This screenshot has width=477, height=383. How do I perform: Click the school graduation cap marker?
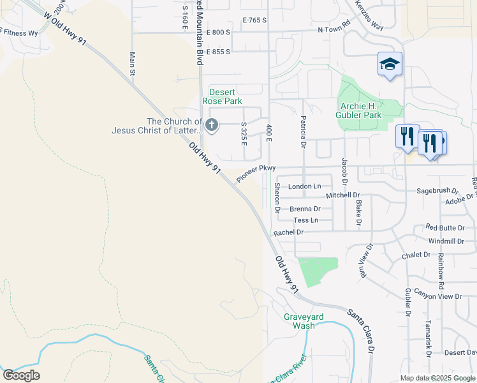coord(390,64)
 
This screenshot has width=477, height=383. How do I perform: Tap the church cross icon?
coord(211,125)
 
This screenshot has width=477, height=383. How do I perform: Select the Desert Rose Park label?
coord(222,96)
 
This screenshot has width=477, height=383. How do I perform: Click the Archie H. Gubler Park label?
coord(360,110)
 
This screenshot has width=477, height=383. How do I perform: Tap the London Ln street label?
coord(305,186)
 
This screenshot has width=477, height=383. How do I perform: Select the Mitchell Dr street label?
coord(342,195)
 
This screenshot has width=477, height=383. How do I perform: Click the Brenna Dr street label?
coord(305,209)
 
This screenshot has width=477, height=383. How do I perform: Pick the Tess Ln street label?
coord(305,220)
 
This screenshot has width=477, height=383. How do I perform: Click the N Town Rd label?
coord(335,29)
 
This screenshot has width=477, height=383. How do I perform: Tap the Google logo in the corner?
coord(21,375)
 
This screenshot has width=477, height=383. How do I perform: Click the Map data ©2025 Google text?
coord(437,378)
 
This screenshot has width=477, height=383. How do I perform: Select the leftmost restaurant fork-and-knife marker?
coord(406,137)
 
